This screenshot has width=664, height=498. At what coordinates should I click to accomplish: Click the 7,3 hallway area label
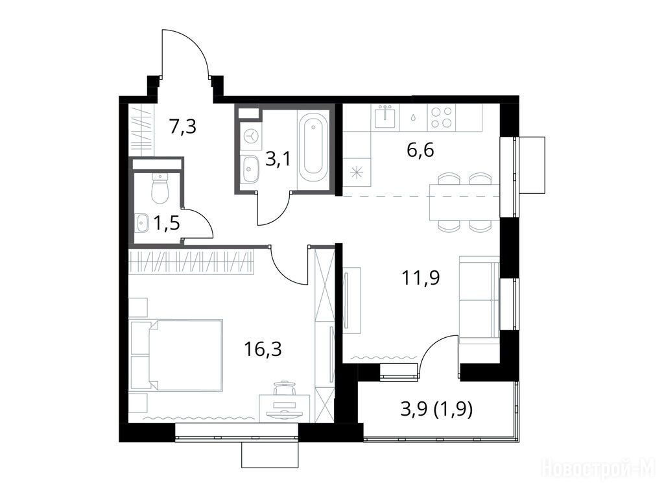click(183, 126)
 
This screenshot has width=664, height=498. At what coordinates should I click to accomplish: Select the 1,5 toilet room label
click(167, 223)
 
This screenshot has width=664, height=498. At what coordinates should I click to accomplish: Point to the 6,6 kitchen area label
click(420, 150)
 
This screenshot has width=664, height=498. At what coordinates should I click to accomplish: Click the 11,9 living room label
click(421, 278)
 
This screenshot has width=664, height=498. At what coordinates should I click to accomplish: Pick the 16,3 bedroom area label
click(263, 350)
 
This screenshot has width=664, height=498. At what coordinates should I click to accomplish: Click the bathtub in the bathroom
click(313, 147)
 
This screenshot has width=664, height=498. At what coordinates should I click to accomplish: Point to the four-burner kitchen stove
click(442, 117)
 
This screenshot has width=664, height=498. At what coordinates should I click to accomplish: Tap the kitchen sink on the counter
click(386, 116)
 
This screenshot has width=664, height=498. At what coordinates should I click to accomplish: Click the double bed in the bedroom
click(176, 355)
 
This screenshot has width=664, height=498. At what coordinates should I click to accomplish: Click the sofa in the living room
click(479, 299)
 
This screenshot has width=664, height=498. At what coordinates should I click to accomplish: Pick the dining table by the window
click(464, 202)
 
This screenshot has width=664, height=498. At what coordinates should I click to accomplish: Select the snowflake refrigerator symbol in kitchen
click(357, 172)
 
